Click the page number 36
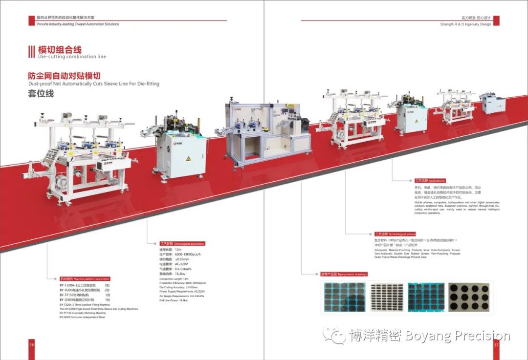pyautogui.click(x=32, y=344)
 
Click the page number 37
pyautogui.click(x=496, y=344)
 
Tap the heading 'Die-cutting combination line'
pyautogui.click(x=72, y=57)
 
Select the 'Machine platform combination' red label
pyautogui.click(x=78, y=279)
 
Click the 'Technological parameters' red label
pyautogui.click(x=182, y=243)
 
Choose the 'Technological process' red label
pyautogui.click(x=395, y=234)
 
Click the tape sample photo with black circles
pyautogui.click(x=470, y=297)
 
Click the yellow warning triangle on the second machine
pyautogui.click(x=187, y=159)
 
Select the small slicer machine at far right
pyautogui.click(x=493, y=104)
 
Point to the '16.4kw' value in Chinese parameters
pyautogui.click(x=182, y=274)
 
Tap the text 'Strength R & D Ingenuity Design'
pyautogui.click(x=465, y=24)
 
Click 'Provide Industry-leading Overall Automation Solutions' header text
pyautogui.click(x=78, y=24)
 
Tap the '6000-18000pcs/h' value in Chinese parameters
pyautogui.click(x=188, y=254)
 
